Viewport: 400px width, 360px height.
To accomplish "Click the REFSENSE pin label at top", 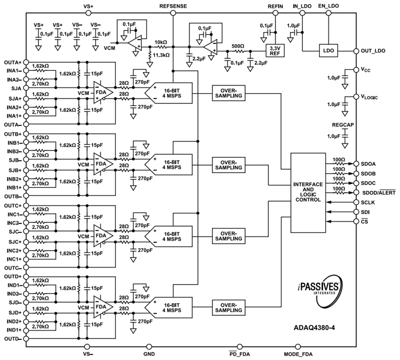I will point(173,6).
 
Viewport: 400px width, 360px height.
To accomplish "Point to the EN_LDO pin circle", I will point(328,13).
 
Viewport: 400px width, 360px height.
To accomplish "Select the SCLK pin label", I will point(368,202).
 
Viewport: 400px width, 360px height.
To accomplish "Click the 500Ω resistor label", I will point(238,47).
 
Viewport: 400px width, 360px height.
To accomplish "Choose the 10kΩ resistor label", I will point(160,42).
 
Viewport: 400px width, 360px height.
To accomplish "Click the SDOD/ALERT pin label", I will point(379,193).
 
